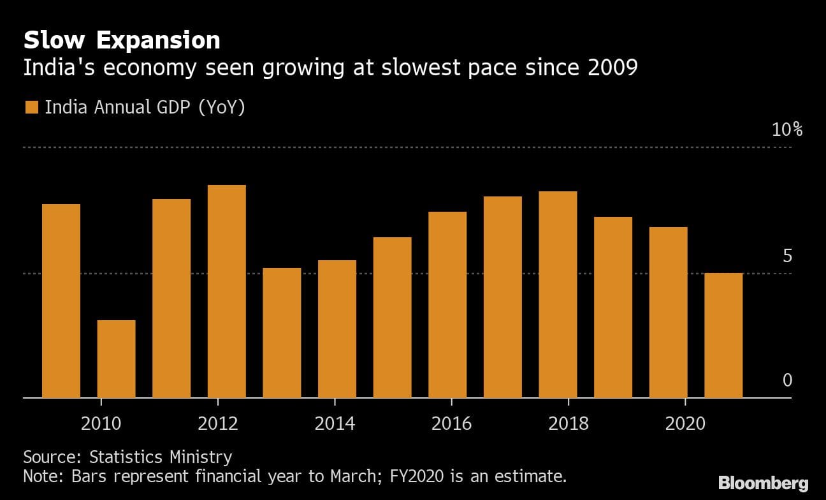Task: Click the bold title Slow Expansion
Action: (x=122, y=40)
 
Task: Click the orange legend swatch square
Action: (x=31, y=107)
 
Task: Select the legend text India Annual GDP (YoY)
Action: (x=145, y=107)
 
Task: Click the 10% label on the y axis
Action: (x=786, y=130)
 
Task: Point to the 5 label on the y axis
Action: (x=786, y=256)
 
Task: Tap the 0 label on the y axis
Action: (x=786, y=381)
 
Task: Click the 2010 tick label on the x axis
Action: (x=101, y=423)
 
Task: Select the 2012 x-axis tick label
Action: (x=218, y=423)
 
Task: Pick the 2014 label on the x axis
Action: (x=335, y=423)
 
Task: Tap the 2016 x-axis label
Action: (x=451, y=423)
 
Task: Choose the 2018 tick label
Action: (x=568, y=423)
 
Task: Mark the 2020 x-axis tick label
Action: (x=685, y=423)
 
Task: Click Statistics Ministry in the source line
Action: (x=161, y=457)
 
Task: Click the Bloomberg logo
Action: (x=763, y=482)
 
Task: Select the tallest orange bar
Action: (x=227, y=291)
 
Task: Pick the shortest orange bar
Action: (x=116, y=358)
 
